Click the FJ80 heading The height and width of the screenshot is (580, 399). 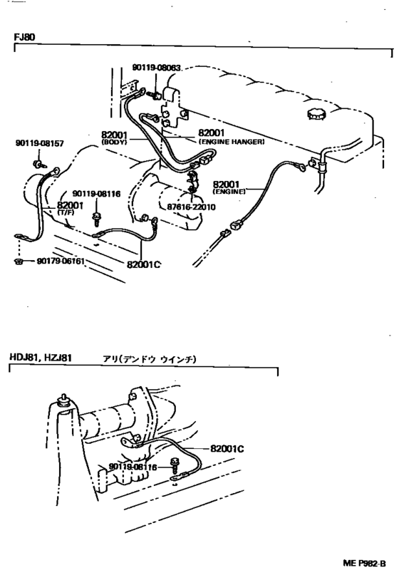pos(24,36)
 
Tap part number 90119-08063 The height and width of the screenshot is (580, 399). pos(157,68)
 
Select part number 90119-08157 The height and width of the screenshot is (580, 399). pos(39,143)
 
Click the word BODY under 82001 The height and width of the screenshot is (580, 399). pos(113,142)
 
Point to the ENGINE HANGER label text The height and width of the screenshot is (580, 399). pos(231,142)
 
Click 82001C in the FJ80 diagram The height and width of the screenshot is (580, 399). pos(144,264)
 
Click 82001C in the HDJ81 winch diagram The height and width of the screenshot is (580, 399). pos(227,449)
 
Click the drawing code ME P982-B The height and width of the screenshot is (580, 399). pos(363,564)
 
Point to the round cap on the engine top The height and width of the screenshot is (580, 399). pos(314,115)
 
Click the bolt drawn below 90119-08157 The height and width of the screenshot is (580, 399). pos(36,165)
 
